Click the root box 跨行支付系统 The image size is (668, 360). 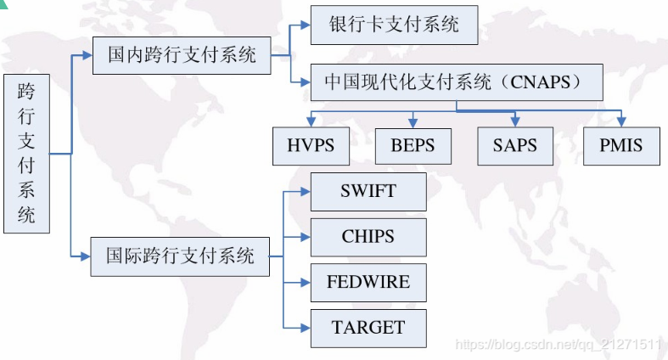[x=26, y=154]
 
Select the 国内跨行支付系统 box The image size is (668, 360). [x=182, y=56]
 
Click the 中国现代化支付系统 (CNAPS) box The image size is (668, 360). [x=457, y=83]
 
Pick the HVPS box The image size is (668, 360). [x=310, y=145]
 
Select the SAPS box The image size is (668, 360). [x=515, y=145]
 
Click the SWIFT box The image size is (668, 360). [x=368, y=191]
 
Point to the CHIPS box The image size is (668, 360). [x=368, y=237]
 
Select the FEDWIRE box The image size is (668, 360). [x=368, y=283]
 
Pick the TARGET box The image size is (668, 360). [x=368, y=328]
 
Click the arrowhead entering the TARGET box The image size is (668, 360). [x=306, y=328]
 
